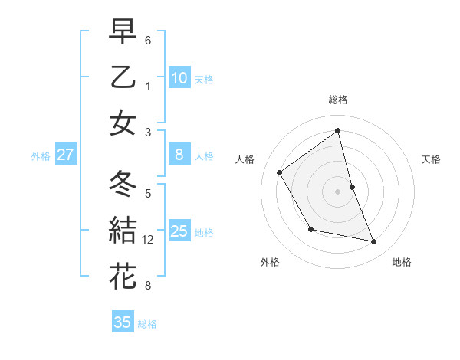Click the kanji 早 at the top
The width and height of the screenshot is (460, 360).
tap(123, 33)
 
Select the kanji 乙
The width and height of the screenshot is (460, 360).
tap(123, 77)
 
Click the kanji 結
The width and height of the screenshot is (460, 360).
tap(123, 229)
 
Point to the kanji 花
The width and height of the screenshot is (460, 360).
tap(123, 275)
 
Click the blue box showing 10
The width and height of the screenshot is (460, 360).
tap(179, 77)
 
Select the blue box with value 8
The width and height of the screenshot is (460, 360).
tap(179, 155)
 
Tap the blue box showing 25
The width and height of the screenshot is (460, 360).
tap(179, 231)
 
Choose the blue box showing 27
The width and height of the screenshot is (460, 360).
tap(66, 155)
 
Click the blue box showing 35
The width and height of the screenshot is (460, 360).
tap(123, 322)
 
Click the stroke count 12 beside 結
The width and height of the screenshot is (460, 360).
tap(148, 240)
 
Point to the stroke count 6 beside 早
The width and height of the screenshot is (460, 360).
tap(148, 38)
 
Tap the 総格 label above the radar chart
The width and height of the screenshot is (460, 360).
tap(338, 100)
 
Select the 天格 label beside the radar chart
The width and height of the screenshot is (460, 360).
tap(431, 159)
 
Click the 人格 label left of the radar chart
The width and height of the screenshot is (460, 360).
tap(245, 159)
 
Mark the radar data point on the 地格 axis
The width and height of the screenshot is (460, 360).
tap(374, 242)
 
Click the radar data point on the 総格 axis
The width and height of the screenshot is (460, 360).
tap(338, 131)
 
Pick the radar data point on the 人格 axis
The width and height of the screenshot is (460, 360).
tap(279, 172)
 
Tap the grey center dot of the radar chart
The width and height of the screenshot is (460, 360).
tap(338, 191)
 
